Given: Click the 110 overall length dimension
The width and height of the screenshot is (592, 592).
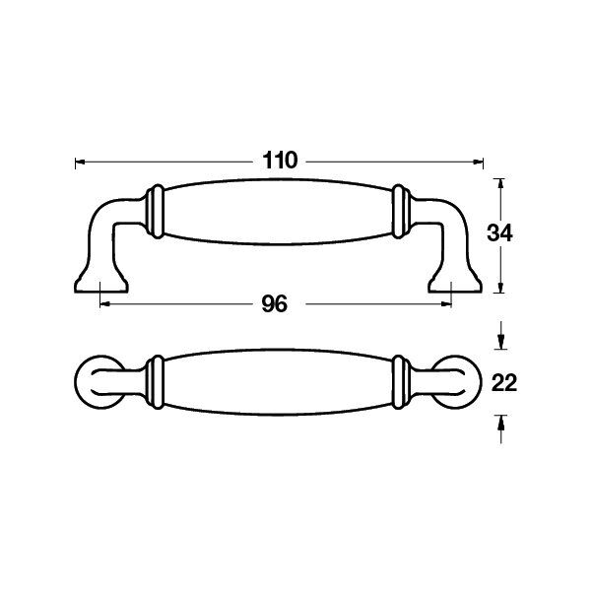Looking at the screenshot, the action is point(280,161).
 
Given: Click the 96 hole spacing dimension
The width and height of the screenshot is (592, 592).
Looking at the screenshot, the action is point(275,304).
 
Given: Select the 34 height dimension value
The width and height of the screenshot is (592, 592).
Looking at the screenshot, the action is point(499,232).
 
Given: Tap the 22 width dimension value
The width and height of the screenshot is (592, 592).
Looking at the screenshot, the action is point(504,383).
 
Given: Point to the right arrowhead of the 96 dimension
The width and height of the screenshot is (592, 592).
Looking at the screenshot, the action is point(446,304).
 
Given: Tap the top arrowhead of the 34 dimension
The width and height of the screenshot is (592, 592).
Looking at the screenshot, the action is point(500,184).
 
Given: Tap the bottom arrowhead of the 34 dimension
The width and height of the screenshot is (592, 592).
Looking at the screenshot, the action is point(500,288).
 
